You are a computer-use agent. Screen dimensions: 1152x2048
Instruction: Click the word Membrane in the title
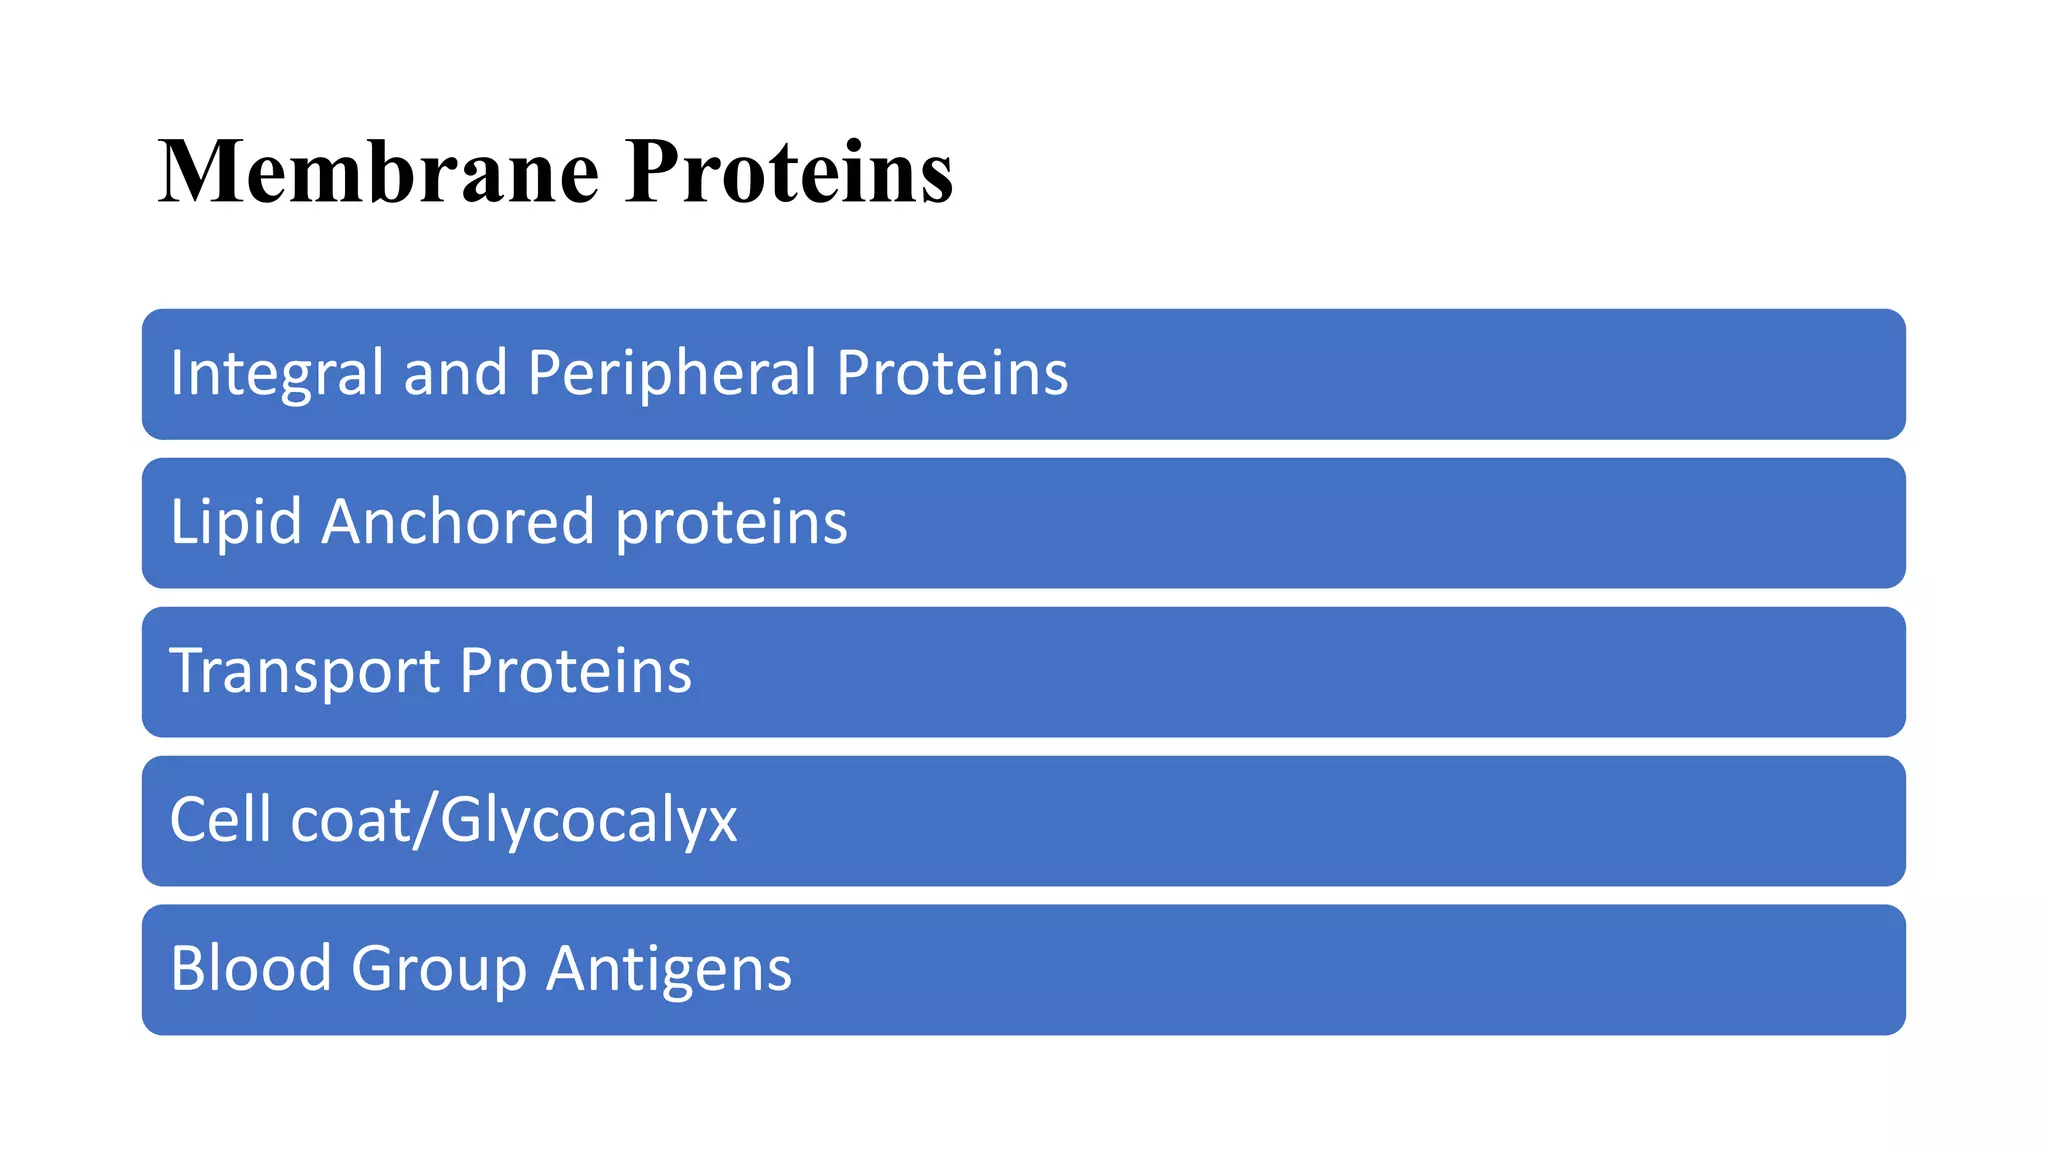[x=378, y=172]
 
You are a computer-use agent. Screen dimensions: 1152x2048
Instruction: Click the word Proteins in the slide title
[x=789, y=172]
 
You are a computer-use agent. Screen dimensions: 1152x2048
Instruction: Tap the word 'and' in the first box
[x=455, y=373]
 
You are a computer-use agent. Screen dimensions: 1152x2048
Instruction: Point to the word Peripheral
[x=672, y=373]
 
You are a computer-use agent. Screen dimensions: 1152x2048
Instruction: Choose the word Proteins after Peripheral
[x=952, y=373]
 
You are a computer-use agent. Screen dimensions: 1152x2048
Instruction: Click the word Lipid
[x=236, y=522]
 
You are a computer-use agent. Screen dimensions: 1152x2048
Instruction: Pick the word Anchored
[x=458, y=522]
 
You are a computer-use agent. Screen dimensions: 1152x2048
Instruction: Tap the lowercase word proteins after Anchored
[x=731, y=524]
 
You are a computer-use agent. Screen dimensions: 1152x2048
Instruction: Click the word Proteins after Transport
[x=576, y=671]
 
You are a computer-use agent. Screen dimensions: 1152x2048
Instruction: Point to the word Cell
[x=221, y=820]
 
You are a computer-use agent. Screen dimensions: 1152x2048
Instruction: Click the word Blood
[x=251, y=969]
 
